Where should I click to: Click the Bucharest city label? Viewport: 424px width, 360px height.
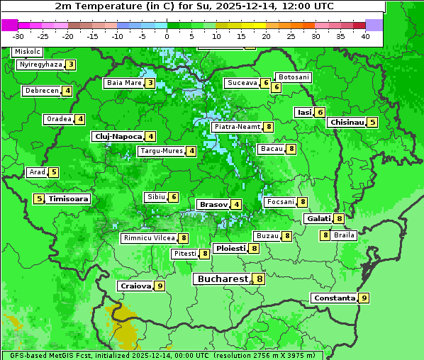[222, 279]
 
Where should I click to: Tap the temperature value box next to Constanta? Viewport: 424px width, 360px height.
[364, 298]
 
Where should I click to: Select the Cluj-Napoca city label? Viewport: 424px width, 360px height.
[117, 136]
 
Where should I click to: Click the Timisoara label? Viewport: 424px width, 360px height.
[69, 199]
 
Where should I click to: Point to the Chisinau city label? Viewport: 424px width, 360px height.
[346, 122]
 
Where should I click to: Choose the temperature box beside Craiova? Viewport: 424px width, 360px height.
[160, 286]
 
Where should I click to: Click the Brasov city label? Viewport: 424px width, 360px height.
[213, 204]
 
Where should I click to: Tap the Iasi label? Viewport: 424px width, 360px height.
[304, 112]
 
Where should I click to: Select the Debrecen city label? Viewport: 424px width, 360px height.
[41, 91]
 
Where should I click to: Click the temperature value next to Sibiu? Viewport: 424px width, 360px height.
[174, 197]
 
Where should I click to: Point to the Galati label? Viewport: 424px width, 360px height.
[318, 218]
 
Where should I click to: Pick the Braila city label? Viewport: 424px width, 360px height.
[344, 235]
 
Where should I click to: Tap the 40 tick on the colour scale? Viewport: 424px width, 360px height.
[365, 36]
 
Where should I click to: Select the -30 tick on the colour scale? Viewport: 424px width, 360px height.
[18, 36]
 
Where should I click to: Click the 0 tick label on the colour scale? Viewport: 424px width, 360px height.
[167, 36]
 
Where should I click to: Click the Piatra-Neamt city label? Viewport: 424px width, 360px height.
[237, 127]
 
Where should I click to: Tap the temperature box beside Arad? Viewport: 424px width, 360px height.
[53, 172]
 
